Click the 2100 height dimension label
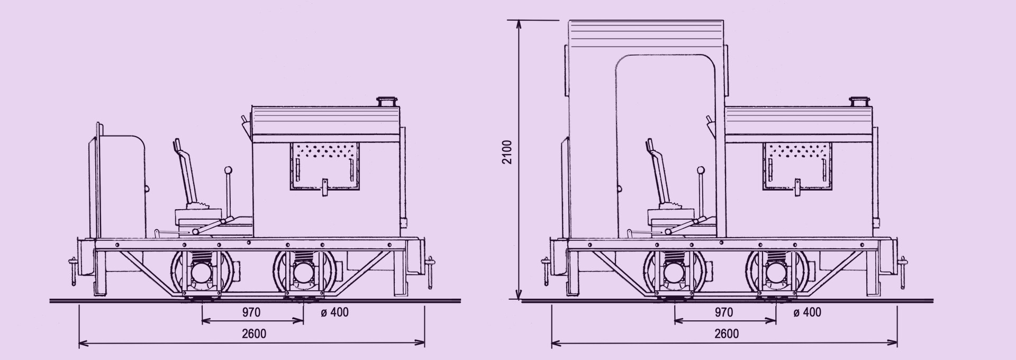[507, 151]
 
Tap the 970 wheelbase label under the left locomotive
[251, 312]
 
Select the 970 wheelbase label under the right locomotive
[724, 312]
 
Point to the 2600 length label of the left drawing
[254, 334]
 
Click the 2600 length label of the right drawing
[727, 334]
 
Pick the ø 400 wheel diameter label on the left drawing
[335, 312]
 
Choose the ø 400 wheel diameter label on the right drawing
[808, 312]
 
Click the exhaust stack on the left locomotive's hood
[387, 101]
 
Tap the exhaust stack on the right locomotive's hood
[859, 101]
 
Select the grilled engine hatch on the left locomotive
[325, 166]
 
